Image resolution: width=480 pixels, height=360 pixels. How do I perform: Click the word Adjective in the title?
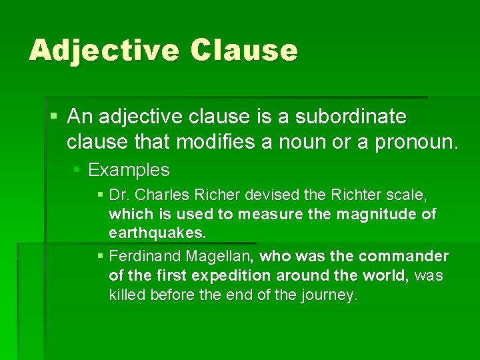104,51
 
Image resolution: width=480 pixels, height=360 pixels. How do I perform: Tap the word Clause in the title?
244,51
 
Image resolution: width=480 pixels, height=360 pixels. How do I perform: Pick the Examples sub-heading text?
129,170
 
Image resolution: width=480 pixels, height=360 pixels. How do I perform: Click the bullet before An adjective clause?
54,117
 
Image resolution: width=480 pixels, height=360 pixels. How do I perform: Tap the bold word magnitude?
374,214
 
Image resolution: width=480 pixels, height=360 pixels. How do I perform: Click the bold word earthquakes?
158,233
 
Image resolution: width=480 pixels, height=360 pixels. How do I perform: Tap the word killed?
127,295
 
